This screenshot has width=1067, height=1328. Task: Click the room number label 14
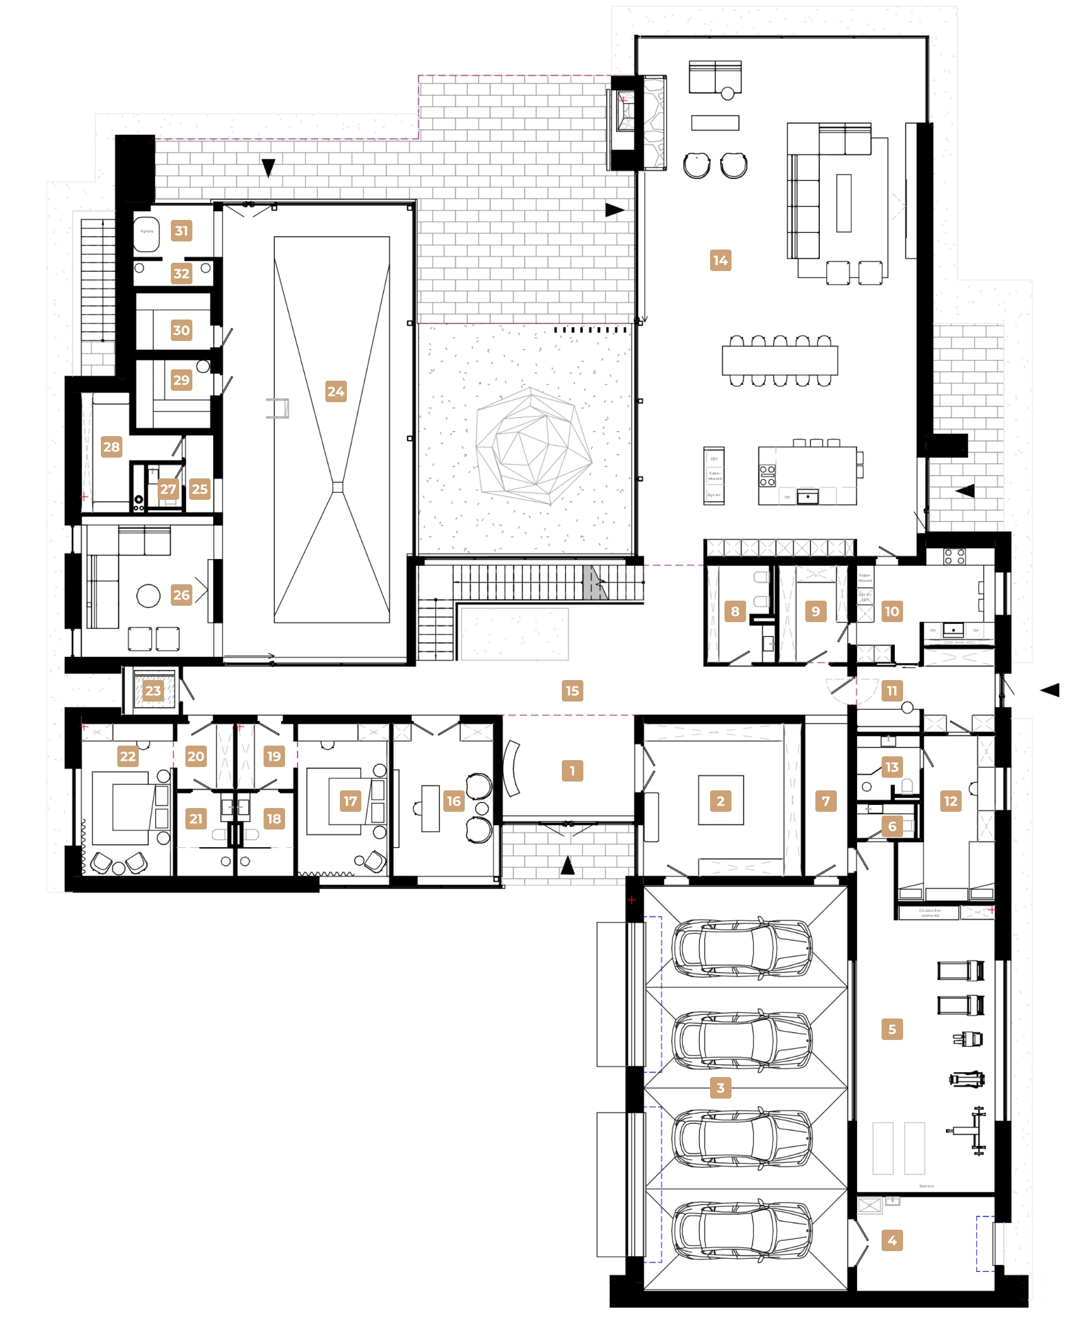click(720, 260)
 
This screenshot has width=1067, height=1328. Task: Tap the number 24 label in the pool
click(335, 391)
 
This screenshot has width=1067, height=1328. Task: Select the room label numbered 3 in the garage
click(720, 1087)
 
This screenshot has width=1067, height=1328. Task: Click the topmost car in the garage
click(742, 947)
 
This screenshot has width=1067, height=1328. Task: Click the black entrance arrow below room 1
click(568, 867)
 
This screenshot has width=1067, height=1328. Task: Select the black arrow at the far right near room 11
click(1049, 691)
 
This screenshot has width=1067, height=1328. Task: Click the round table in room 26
click(148, 596)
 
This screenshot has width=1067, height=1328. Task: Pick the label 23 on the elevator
click(153, 691)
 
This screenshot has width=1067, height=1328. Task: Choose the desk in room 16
click(431, 808)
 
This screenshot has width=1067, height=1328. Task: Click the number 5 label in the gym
click(892, 1029)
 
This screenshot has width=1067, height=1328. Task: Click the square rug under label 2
click(721, 800)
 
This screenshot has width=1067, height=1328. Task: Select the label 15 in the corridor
click(572, 691)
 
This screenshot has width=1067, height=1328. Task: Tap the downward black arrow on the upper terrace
click(269, 168)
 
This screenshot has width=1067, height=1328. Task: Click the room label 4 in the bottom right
click(892, 1240)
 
